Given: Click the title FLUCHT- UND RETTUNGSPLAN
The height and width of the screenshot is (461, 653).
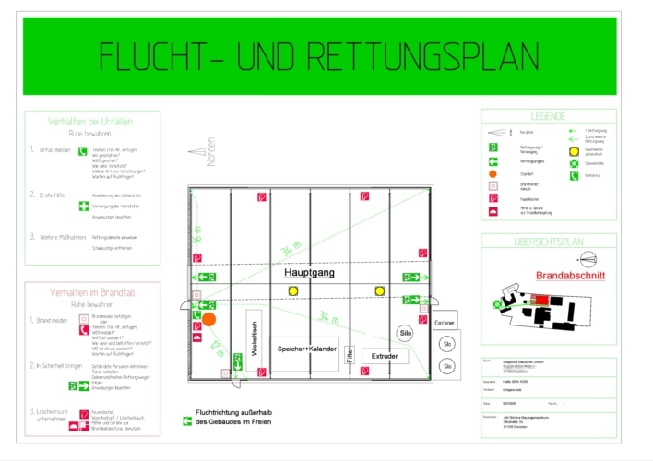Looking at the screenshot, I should [319, 56].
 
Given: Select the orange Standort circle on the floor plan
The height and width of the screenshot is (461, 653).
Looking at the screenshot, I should [209, 320].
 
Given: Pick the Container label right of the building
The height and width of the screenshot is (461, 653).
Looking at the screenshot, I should [445, 323].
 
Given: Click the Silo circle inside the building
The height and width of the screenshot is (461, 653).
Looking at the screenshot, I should [404, 333].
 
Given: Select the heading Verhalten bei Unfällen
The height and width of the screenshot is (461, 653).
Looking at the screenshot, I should [91, 122].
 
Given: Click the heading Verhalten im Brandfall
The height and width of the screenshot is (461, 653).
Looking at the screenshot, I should [91, 292].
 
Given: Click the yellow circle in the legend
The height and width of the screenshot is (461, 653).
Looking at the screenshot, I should [574, 149].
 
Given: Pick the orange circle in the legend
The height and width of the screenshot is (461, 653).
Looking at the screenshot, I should [493, 174].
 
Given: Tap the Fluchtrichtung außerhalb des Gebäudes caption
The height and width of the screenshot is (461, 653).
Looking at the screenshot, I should [234, 418].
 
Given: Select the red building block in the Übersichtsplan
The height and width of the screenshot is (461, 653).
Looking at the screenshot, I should [542, 301].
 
